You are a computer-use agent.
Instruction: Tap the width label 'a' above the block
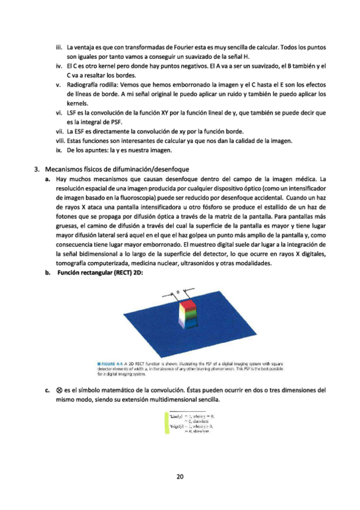178,292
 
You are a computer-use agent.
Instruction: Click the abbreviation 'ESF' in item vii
81,132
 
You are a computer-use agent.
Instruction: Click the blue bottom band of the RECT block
185,324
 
